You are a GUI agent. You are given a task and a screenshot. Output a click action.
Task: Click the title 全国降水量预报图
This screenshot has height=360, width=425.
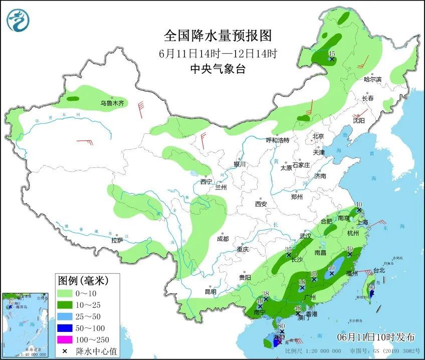point(218,36)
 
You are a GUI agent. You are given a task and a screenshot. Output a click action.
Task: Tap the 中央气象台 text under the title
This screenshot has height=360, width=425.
point(218,69)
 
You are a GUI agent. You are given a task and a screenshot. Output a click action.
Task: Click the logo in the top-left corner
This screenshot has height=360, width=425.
point(18,20)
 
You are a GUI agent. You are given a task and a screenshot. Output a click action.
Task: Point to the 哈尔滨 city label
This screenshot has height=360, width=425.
point(372,80)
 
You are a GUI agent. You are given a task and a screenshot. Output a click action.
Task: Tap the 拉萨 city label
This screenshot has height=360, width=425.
point(117,241)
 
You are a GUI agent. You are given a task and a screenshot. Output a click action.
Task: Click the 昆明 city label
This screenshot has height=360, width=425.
point(210,291)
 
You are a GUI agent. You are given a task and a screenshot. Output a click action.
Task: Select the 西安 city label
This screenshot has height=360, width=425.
point(261,204)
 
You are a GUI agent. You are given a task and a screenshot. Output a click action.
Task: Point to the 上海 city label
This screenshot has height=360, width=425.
point(361,222)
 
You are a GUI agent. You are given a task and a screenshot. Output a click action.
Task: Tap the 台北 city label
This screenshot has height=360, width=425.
point(379,270)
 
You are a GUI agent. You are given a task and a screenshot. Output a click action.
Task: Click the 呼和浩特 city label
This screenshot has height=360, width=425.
point(277,140)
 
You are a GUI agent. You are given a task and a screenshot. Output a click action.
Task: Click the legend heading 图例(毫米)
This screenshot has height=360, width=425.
point(83,279)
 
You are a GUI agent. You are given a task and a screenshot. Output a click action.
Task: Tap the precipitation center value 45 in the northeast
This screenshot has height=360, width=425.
point(331,53)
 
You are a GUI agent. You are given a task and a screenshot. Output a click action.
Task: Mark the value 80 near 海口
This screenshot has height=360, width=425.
point(282,326)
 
